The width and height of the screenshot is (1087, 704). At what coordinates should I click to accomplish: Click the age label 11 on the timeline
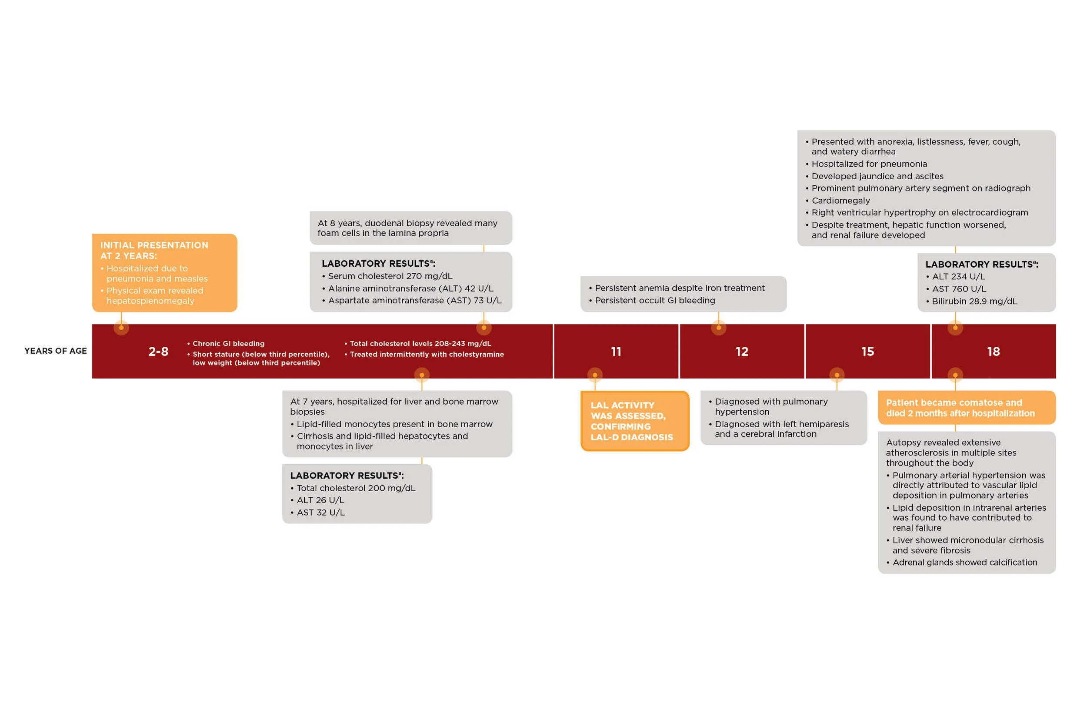tap(616, 352)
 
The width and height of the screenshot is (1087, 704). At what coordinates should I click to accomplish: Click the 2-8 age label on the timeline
tap(158, 352)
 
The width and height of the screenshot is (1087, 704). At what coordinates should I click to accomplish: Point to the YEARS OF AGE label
tap(55, 351)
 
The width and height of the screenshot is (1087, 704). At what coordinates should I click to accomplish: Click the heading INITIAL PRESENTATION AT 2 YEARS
tap(154, 251)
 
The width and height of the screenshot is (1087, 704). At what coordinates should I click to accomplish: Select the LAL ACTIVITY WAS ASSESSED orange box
tap(634, 421)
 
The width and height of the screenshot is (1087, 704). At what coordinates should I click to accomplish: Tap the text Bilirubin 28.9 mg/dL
tap(974, 301)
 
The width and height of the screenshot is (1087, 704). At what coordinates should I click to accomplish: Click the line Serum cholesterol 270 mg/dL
tap(390, 276)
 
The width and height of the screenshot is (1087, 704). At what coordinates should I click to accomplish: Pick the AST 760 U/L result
tap(959, 289)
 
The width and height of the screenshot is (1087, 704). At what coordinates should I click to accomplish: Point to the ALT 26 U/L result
tap(320, 500)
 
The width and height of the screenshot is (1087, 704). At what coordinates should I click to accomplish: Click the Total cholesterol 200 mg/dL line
tap(356, 488)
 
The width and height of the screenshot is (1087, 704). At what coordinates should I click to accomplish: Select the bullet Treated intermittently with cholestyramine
tap(427, 354)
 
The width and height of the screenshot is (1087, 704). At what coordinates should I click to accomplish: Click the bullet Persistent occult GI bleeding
tap(654, 300)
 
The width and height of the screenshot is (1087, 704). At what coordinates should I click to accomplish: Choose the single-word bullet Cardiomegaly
tap(840, 200)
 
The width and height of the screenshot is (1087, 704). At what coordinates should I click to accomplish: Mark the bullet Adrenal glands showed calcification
tap(964, 562)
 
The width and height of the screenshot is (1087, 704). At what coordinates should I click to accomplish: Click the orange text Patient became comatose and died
tap(960, 408)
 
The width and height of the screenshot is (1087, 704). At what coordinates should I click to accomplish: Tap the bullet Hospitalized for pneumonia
tap(869, 164)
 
